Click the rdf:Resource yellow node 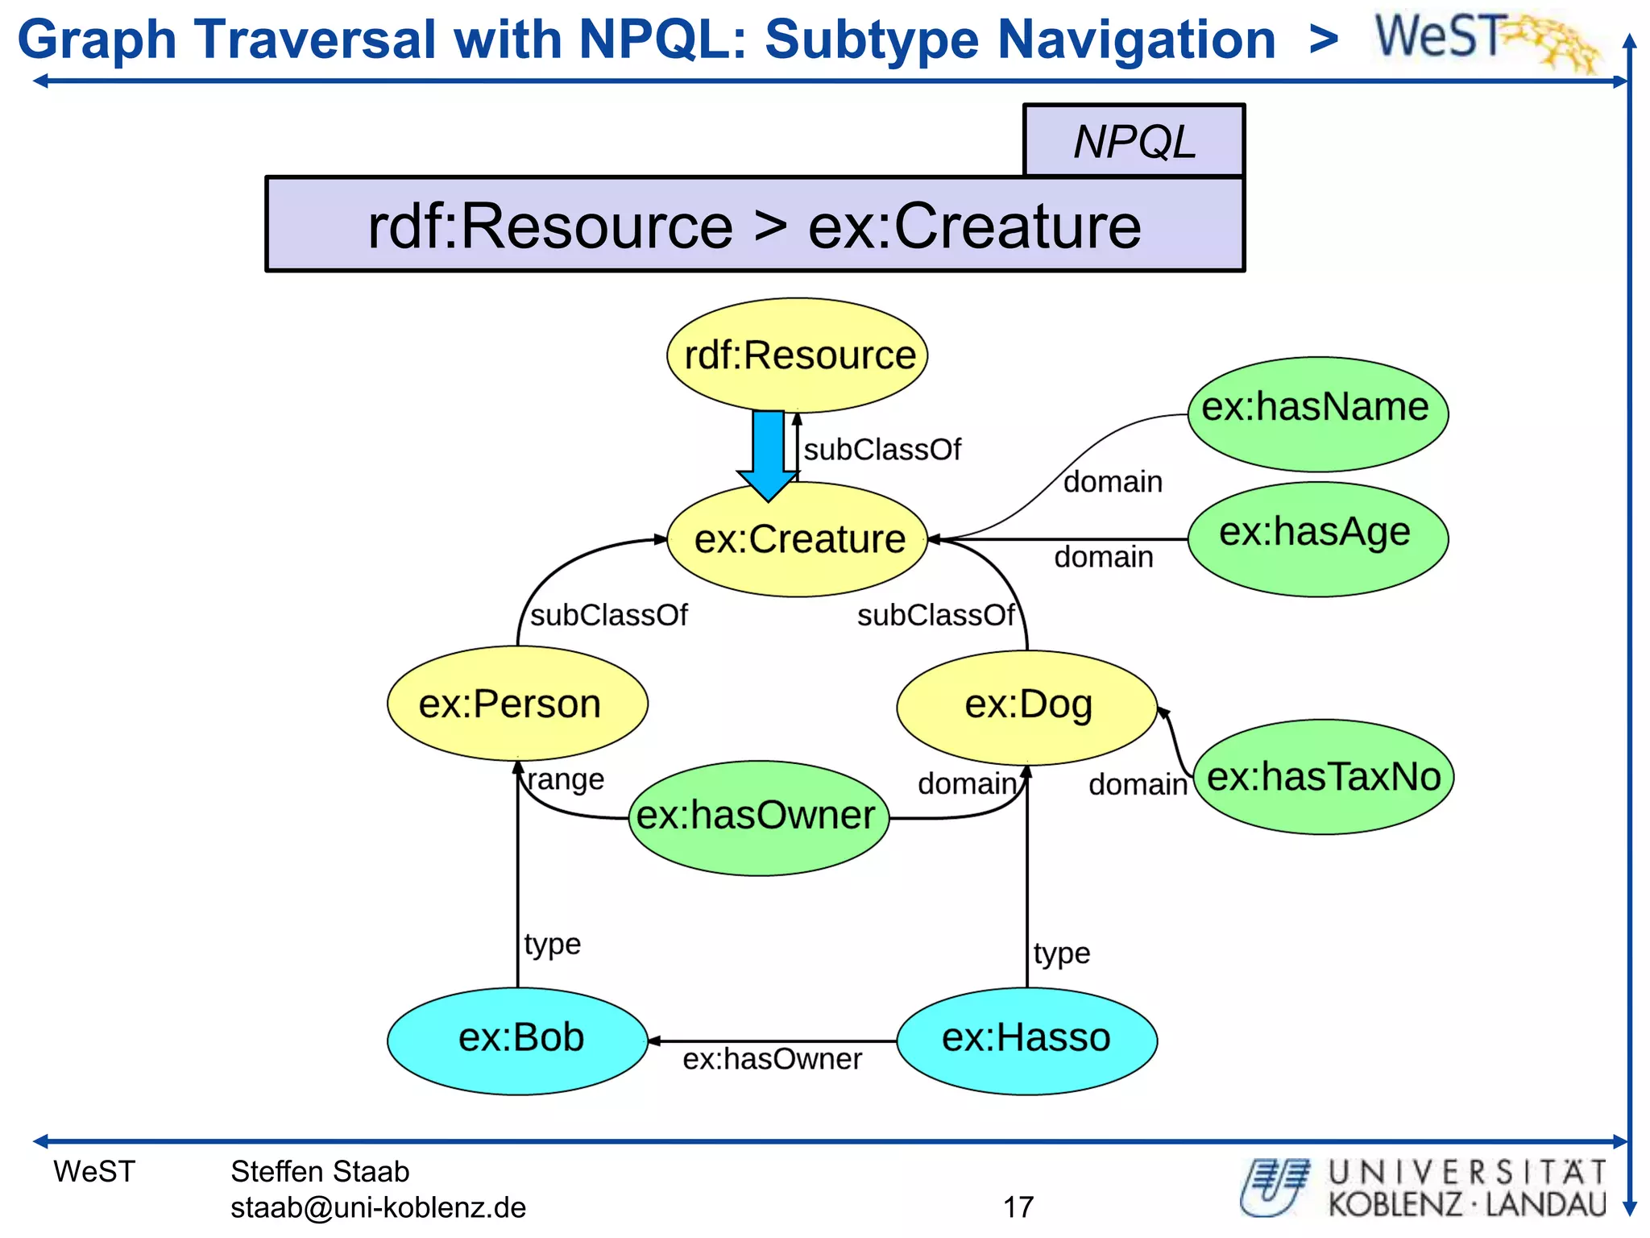798,355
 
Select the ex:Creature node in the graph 798,539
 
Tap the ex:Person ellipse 517,704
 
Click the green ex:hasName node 1318,413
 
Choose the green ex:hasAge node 1318,538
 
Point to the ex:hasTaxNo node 1323,776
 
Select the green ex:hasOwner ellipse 758,817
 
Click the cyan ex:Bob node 517,1040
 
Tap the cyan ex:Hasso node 1027,1040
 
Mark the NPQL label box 1134,141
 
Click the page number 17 1018,1207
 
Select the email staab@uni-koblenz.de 378,1207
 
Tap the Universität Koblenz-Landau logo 1423,1188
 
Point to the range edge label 566,779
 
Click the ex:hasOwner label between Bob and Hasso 772,1059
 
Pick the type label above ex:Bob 552,944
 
